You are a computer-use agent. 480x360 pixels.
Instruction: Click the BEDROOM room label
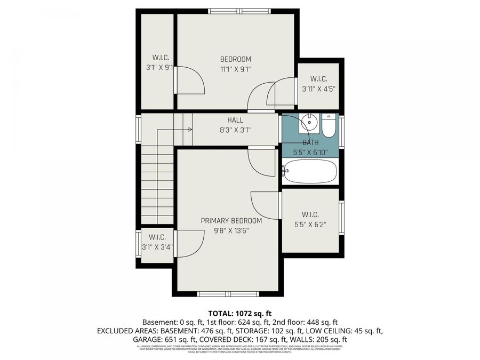click(235, 59)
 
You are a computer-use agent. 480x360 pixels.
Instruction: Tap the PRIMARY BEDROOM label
click(231, 221)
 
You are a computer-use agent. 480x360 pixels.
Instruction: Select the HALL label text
click(235, 121)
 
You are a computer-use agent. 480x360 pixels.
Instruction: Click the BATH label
click(311, 142)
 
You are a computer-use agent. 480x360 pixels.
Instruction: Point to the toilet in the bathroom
click(328, 125)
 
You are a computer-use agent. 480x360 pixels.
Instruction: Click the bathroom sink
click(308, 123)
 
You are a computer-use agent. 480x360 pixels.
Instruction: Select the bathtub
click(310, 171)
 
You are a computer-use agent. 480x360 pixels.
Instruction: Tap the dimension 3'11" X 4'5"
click(318, 89)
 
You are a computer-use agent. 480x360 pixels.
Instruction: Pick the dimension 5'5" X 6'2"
click(310, 225)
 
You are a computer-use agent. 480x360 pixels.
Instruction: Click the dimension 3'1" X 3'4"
click(157, 246)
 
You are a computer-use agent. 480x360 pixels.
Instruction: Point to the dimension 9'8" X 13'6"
click(231, 230)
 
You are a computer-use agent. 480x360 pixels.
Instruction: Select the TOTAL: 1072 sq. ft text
click(239, 313)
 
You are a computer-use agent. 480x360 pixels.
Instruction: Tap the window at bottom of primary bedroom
click(228, 293)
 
